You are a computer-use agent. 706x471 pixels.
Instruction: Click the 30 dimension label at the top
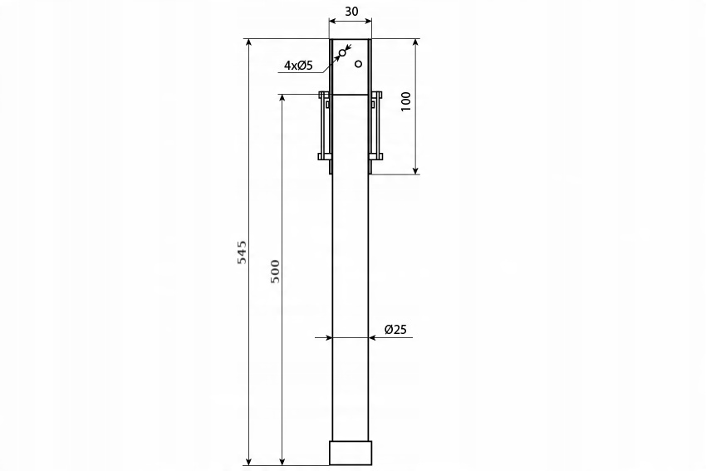(351, 12)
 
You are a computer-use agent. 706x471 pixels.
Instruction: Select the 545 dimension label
(243, 253)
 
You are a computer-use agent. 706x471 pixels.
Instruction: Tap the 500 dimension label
(275, 271)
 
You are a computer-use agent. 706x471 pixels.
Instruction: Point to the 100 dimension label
(405, 101)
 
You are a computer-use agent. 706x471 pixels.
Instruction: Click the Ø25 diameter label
(395, 330)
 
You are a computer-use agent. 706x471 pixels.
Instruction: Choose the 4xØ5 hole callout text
(298, 66)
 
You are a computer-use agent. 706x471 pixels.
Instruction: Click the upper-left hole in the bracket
(342, 53)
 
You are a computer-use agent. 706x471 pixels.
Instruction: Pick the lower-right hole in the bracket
(359, 64)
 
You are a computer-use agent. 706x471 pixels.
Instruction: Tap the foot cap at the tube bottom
(351, 453)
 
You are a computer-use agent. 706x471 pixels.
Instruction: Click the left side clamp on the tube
(325, 126)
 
